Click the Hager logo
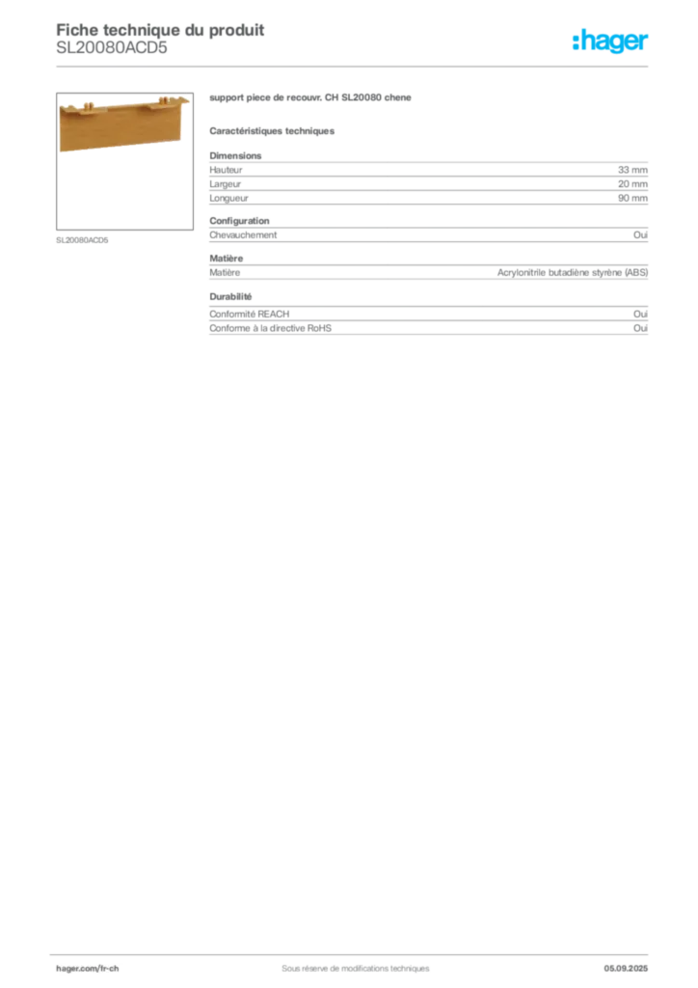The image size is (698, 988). coord(610,41)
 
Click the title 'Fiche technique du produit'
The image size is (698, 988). coord(160,30)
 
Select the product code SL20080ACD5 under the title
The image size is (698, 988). coord(112,48)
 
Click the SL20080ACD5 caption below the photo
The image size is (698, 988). coord(83,240)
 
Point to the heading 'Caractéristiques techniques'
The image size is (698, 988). coord(272,131)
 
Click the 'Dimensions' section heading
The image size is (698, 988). coord(235,155)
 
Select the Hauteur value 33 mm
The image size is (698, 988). coord(632,170)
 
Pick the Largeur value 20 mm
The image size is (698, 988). coord(632,184)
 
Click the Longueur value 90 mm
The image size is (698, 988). coord(632,198)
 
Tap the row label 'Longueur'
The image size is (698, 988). coord(229,199)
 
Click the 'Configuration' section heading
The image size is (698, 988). coord(239,221)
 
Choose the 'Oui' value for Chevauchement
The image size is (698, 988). coord(641,235)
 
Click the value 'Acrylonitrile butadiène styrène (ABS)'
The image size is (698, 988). coord(573,273)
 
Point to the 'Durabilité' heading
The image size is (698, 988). coord(230,297)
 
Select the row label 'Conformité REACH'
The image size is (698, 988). coord(250,314)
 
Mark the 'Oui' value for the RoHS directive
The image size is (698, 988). coord(641,328)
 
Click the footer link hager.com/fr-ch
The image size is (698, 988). coord(88,969)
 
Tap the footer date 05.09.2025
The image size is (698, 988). coord(626,969)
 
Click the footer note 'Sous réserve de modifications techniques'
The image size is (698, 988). coord(356,969)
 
